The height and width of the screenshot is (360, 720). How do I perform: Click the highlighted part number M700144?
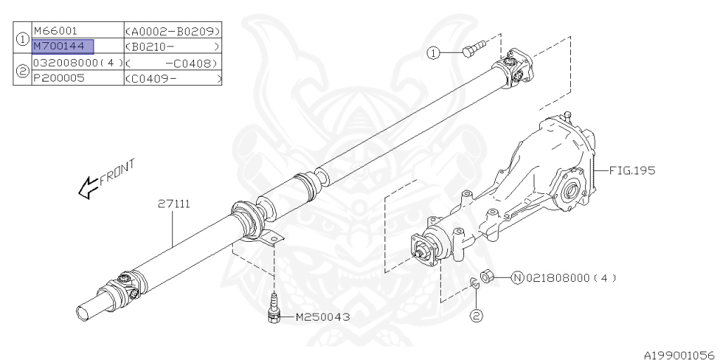[x=63, y=46]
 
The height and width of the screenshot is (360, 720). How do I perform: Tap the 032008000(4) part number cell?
[x=78, y=62]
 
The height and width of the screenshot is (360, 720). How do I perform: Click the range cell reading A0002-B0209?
[x=173, y=31]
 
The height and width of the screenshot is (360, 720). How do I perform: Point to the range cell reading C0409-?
[x=173, y=78]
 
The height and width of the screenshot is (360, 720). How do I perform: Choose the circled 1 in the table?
[x=22, y=38]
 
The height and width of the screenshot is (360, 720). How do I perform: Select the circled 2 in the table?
[x=22, y=70]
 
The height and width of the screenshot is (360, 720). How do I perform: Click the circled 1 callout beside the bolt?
[x=433, y=53]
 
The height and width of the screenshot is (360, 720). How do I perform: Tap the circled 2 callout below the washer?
[x=476, y=316]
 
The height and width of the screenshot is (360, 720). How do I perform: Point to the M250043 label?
[x=323, y=317]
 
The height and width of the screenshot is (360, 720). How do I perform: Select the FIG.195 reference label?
[x=632, y=171]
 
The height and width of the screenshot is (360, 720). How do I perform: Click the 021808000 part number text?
[x=558, y=278]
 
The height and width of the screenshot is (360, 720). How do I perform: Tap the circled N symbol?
[x=518, y=278]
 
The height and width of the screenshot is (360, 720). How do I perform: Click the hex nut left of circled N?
[x=487, y=277]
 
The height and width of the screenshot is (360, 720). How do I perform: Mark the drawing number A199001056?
[x=681, y=355]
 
